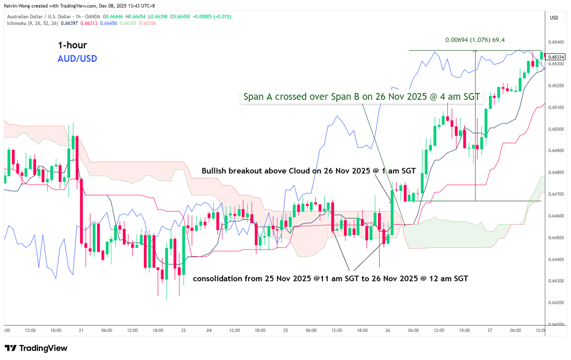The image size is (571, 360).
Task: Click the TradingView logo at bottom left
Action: click(36, 348)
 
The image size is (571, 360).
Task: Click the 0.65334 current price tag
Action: click(556, 57)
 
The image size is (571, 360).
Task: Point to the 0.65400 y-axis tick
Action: click(556, 42)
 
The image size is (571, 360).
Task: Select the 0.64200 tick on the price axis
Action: click(556, 303)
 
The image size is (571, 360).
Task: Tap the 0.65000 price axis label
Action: click(556, 129)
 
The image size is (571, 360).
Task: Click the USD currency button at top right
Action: click(554, 18)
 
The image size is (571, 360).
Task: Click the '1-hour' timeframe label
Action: click(72, 45)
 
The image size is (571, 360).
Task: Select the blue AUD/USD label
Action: click(77, 59)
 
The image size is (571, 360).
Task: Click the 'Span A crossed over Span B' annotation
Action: click(361, 97)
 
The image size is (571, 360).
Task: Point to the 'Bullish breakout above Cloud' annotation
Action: click(308, 171)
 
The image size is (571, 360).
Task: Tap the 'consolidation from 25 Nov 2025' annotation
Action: click(330, 279)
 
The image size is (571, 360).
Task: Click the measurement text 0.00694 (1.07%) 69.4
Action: click(475, 40)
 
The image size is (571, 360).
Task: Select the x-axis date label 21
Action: click(81, 330)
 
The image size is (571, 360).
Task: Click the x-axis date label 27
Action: click(490, 330)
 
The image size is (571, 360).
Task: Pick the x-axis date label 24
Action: click(209, 330)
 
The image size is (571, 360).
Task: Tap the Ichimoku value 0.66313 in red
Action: click(89, 23)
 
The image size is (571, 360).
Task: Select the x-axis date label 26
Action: click(387, 330)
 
